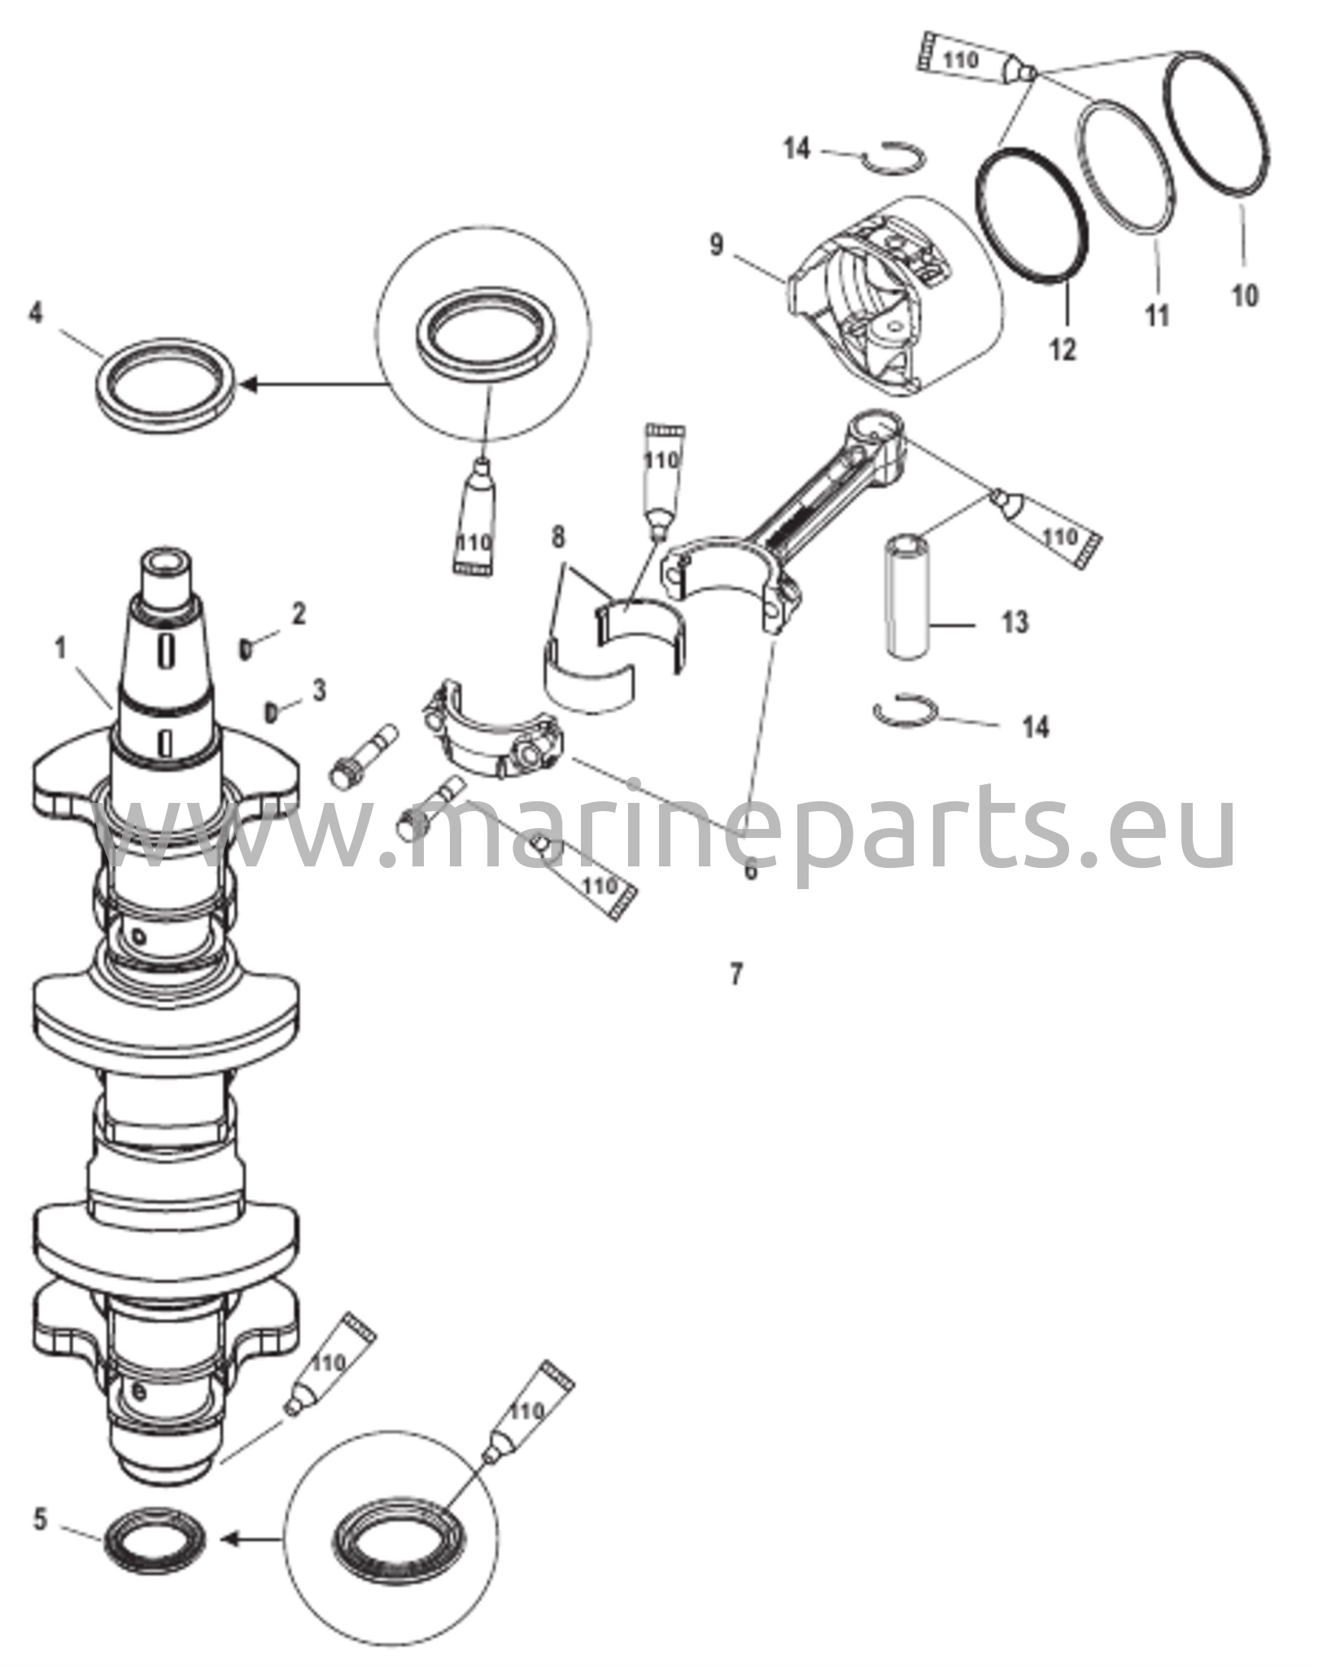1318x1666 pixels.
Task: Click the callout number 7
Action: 736,974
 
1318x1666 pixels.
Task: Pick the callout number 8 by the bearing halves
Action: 557,539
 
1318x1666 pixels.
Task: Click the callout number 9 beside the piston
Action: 716,245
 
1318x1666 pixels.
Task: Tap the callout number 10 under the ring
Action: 1245,294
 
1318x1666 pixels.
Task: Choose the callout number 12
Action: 1063,349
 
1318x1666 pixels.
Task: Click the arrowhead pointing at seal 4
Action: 249,383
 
